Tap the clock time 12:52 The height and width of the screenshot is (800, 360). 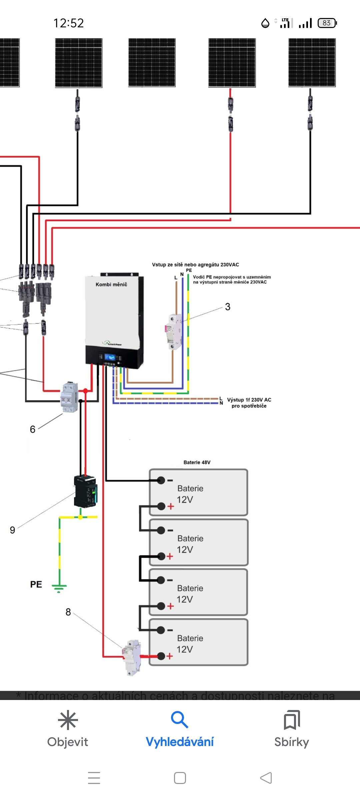(69, 23)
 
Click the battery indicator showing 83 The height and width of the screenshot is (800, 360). (327, 23)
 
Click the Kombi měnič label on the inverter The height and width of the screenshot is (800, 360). (111, 284)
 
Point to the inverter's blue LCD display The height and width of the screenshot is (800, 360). (110, 358)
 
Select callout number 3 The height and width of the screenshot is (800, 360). (228, 307)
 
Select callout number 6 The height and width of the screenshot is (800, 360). (32, 429)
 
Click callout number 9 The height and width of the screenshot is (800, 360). (12, 530)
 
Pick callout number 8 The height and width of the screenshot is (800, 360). (68, 612)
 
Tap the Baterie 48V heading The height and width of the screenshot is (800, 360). (197, 462)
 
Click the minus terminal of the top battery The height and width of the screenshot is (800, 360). (161, 480)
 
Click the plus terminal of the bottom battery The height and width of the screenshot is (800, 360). (161, 656)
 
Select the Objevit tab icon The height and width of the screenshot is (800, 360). (68, 720)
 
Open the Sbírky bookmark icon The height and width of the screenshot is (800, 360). (292, 720)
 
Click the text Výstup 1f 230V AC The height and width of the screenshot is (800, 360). (249, 400)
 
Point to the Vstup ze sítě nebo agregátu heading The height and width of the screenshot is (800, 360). (195, 265)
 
